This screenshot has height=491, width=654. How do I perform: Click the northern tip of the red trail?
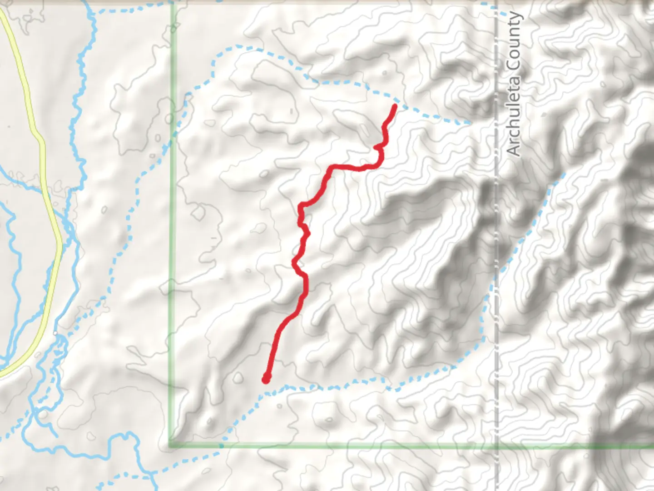[x=395, y=106]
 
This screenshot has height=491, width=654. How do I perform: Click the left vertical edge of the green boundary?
[x=172, y=273]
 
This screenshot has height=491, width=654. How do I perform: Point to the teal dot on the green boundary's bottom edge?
[x=221, y=446]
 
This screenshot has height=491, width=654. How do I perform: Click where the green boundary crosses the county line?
[x=496, y=446]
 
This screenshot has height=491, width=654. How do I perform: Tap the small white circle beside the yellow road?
[x=55, y=333]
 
